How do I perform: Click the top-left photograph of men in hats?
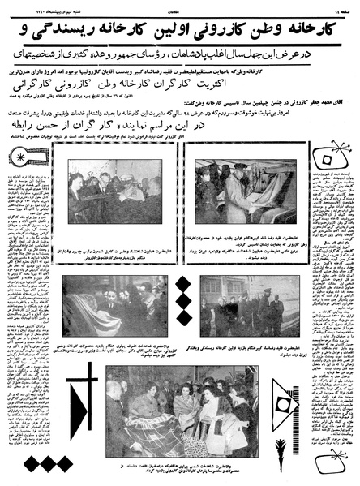(114, 192)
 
